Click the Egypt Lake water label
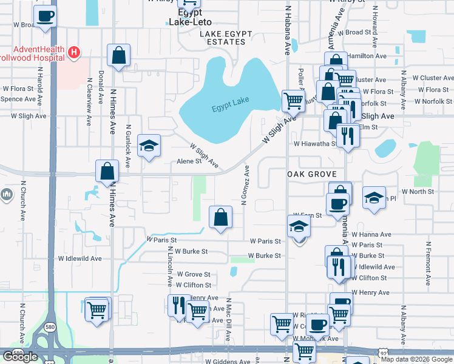pos(231,109)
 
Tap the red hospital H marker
pos(74,53)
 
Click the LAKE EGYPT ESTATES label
pos(223,42)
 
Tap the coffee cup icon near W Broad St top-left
pos(45,16)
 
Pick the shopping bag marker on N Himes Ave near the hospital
pos(119,55)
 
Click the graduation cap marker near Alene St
pos(149,146)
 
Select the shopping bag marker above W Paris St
pos(220,217)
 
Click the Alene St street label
pos(189,161)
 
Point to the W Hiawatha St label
pos(315,144)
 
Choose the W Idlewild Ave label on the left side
pos(80,258)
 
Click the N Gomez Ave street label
pos(245,185)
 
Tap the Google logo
pos(20,356)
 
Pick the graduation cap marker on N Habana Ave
pos(299,227)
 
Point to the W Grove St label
pos(193,274)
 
